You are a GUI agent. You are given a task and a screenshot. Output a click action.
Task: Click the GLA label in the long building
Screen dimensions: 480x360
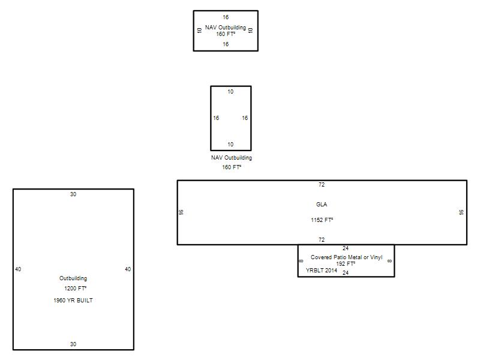(x=322, y=204)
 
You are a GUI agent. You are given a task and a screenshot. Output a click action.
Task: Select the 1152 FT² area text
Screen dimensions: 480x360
(x=322, y=220)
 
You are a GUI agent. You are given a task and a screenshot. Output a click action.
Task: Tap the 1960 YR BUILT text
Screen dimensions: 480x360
(x=73, y=301)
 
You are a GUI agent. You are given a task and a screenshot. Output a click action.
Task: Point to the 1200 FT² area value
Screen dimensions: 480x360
(x=76, y=289)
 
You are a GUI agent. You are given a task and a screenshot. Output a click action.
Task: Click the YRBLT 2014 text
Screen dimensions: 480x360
(x=322, y=271)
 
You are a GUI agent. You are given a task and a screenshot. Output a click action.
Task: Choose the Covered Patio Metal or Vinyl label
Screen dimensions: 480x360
(x=347, y=257)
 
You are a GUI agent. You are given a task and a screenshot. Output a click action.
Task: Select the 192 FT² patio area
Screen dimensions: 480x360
(x=346, y=263)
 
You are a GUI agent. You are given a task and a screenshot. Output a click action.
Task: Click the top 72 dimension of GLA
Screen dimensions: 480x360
(x=322, y=185)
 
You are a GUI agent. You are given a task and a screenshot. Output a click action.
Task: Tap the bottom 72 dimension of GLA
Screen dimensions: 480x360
(x=322, y=239)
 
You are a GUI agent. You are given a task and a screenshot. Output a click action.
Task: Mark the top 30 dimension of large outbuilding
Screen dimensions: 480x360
(x=73, y=194)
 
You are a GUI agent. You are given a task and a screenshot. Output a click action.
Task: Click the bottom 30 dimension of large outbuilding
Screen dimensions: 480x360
(x=73, y=344)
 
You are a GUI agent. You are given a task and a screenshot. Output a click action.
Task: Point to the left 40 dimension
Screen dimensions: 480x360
(x=18, y=269)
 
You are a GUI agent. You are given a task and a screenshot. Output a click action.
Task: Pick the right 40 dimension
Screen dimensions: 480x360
(x=128, y=269)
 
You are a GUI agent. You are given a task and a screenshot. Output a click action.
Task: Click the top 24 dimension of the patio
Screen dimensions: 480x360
(x=346, y=248)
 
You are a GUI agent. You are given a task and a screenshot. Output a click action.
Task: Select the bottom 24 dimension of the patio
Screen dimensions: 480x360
(x=346, y=273)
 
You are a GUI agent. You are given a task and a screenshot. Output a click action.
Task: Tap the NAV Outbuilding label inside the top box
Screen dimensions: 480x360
(x=226, y=27)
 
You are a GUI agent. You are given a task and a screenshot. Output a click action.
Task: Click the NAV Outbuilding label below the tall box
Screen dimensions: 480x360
(x=232, y=158)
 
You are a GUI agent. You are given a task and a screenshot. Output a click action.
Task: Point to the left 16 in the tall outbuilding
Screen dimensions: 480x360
(x=216, y=118)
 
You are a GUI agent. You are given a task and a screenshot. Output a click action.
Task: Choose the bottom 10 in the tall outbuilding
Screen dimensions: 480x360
(x=230, y=144)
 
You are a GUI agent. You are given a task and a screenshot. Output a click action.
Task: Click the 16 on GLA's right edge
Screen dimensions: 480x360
(x=461, y=212)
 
